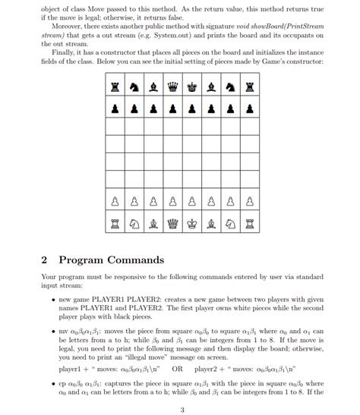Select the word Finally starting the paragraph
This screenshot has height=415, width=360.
(65, 52)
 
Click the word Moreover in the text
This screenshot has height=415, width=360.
(68, 28)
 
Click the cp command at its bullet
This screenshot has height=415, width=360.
(63, 385)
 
